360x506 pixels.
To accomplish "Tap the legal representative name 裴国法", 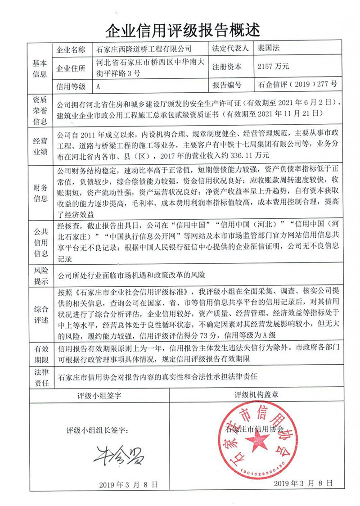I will coord(269,48).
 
